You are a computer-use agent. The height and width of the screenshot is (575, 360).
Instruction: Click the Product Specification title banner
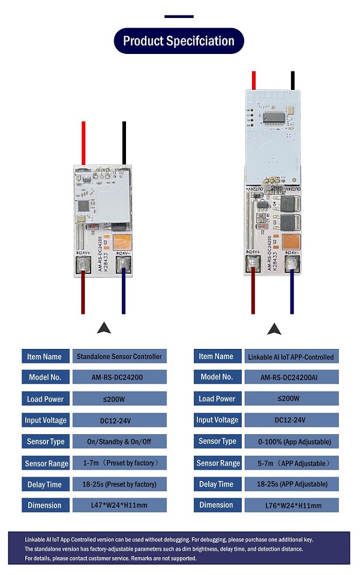coord(179,41)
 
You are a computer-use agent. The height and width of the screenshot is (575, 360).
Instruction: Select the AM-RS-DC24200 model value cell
coord(119,378)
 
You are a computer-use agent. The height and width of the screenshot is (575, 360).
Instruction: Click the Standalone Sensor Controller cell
coord(119,356)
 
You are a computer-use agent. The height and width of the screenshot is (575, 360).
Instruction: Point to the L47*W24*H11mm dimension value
coord(119,505)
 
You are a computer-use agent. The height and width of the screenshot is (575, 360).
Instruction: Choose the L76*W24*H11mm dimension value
coord(292,505)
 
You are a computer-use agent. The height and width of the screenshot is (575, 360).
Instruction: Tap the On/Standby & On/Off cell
coord(119,442)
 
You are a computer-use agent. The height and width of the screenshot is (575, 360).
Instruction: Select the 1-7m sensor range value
coord(119,463)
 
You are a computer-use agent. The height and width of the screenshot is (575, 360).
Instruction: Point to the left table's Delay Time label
coord(45,484)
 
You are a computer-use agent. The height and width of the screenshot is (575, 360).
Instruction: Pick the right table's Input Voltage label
coord(217,420)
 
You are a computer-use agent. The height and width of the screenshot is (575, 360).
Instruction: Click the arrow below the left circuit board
coord(104,328)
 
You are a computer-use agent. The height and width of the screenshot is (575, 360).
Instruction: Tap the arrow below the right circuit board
coord(275,329)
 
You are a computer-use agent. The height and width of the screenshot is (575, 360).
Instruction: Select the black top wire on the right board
coord(293,80)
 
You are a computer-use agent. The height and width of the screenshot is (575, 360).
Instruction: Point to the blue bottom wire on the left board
coord(124,291)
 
